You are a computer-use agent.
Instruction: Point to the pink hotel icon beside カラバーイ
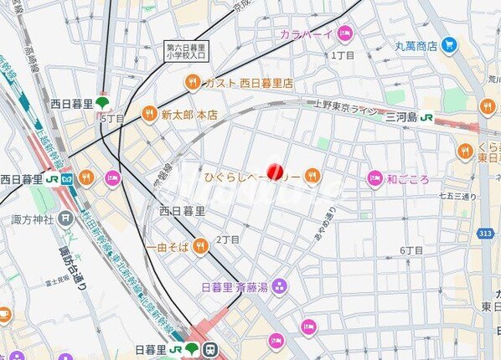(345, 33)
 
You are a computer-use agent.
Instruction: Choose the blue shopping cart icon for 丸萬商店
(449, 44)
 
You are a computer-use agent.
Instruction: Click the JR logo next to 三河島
(427, 116)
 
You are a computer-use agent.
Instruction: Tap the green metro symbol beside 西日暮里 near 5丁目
(103, 104)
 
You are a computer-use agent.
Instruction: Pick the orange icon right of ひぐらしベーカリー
(312, 175)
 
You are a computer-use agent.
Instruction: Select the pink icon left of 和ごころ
(374, 178)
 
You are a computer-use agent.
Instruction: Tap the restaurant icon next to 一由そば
(199, 245)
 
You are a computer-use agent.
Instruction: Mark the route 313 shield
(483, 233)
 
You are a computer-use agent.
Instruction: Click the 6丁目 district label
(411, 250)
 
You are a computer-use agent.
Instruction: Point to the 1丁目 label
(343, 54)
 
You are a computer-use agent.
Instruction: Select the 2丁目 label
(228, 239)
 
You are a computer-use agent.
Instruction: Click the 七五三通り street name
(457, 197)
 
